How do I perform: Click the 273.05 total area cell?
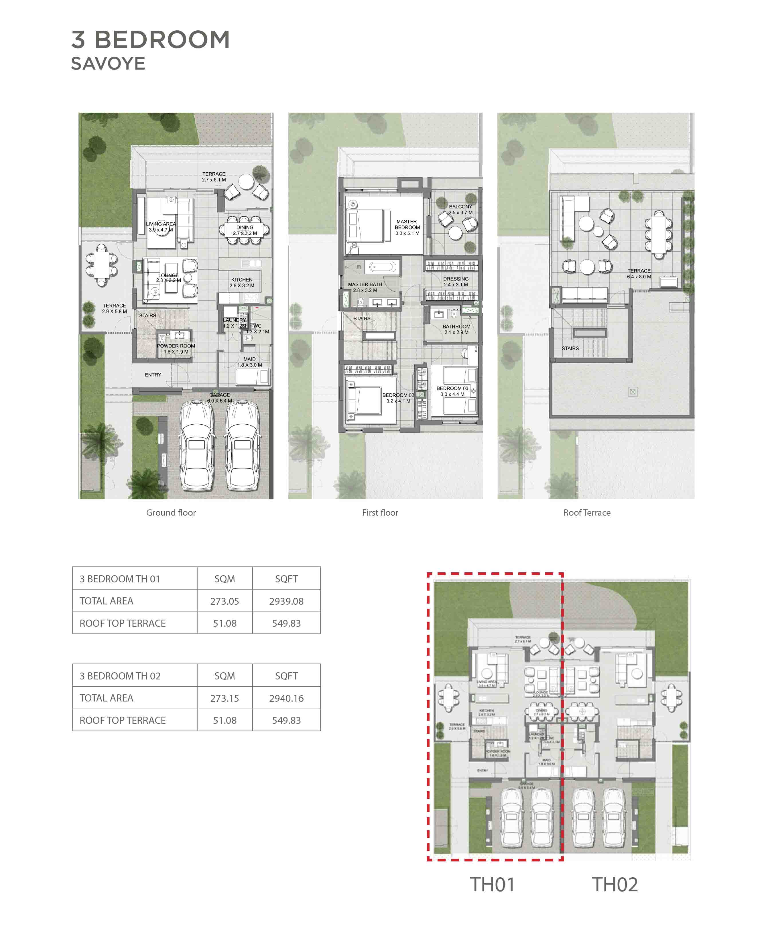coord(224,601)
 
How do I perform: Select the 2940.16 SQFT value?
coord(286,698)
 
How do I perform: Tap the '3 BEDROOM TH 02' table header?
coord(120,676)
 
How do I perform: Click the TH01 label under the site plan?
coord(492,885)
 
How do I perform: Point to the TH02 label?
coord(615,885)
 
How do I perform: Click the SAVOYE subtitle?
coord(108,64)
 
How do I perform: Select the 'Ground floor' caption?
coord(171,513)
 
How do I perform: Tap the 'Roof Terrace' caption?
coord(586,513)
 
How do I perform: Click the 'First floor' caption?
coord(380,513)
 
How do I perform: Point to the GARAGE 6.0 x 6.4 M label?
coord(219,397)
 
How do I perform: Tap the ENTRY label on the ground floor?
coord(153,375)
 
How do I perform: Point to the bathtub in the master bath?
coord(383,267)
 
